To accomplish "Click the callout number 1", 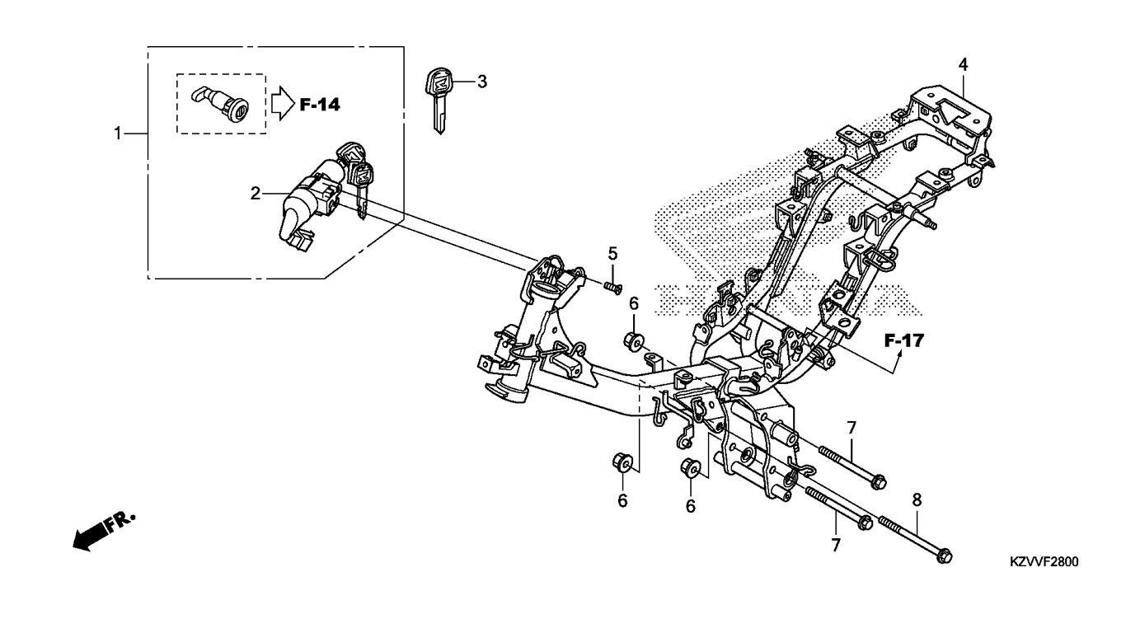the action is coord(118,134).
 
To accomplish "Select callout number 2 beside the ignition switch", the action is coord(256,193).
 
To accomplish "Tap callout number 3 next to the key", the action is coord(482,82).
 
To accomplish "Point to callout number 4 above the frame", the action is coord(963,65).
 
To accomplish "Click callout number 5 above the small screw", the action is coord(612,253).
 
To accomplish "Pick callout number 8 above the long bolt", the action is coord(917,499).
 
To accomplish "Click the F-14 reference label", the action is coord(320,105).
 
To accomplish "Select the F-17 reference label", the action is coord(904,341).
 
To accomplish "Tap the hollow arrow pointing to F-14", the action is coord(283,103).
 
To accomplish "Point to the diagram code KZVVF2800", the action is coord(1044,562).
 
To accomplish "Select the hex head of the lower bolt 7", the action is coord(865,523).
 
